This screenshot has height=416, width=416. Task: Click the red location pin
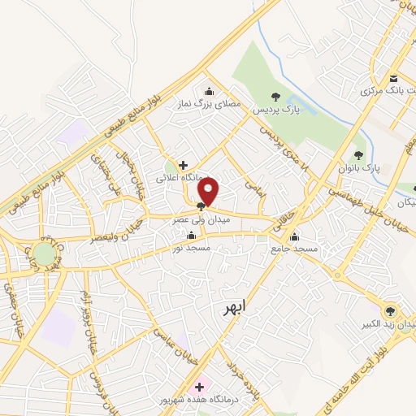[x=209, y=193]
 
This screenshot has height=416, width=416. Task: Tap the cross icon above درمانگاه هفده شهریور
[x=199, y=387]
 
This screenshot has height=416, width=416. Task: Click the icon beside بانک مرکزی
[x=394, y=78]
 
